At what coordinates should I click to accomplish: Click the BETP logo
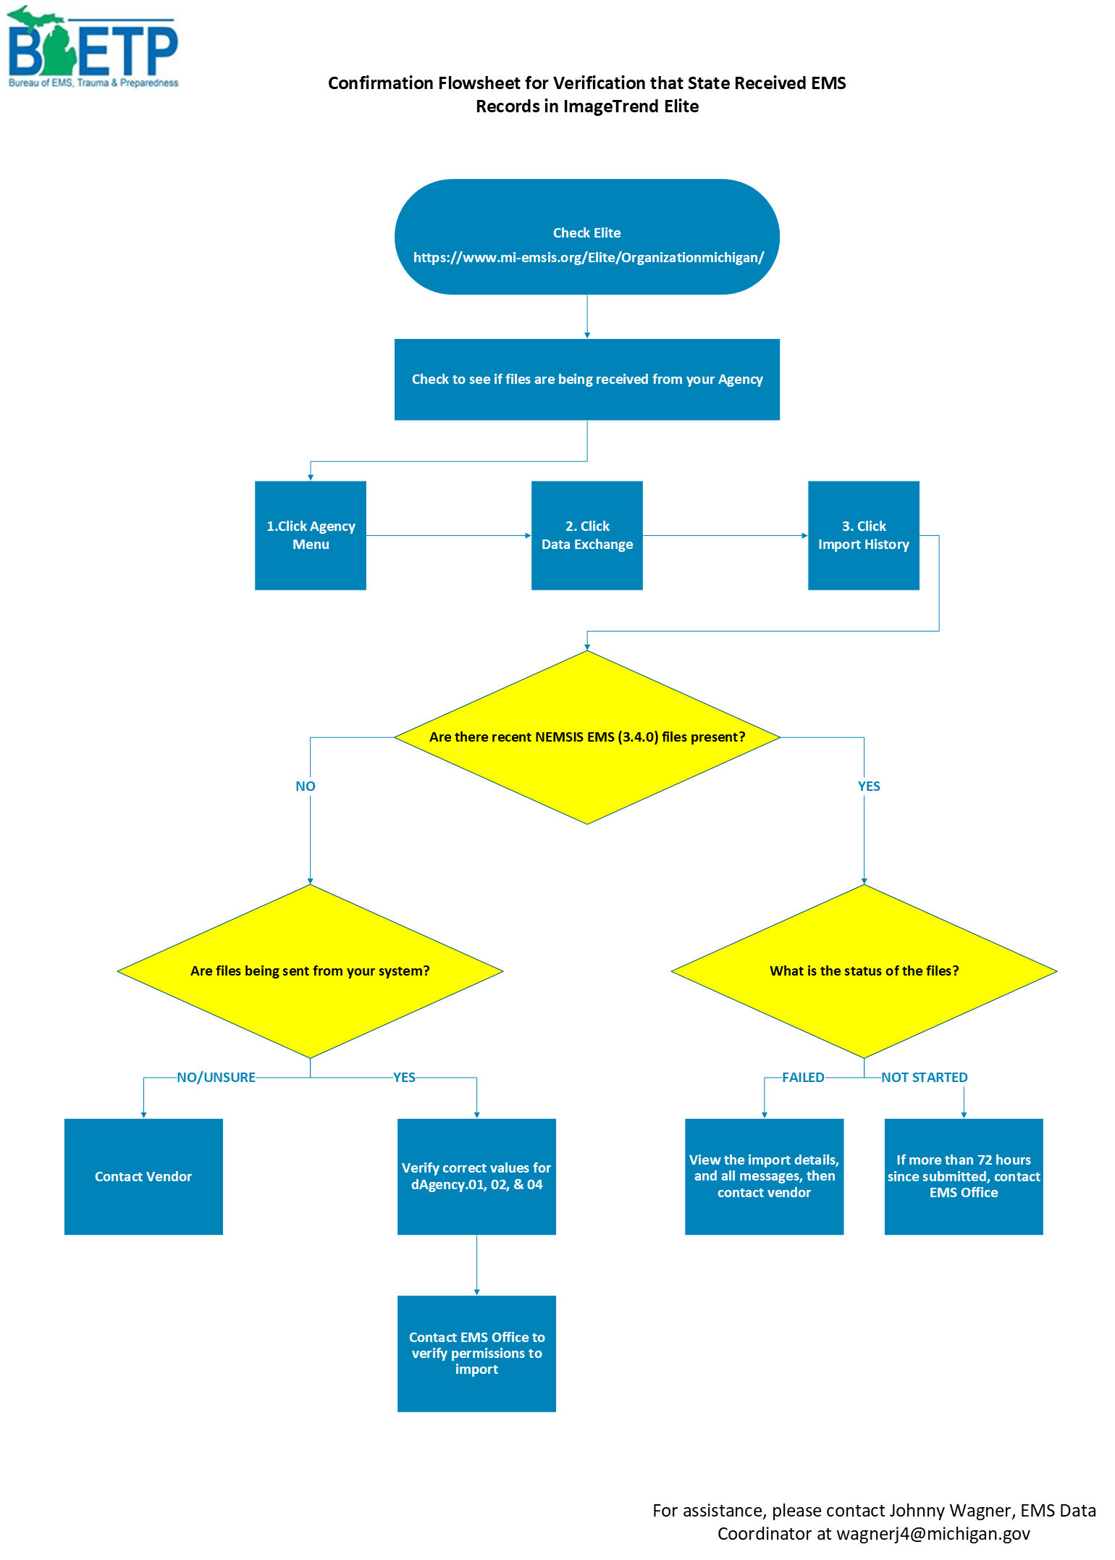(93, 48)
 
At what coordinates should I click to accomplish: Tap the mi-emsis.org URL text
(588, 258)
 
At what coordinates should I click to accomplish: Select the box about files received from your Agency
(586, 379)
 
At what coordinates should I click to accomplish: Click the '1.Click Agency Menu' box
(311, 535)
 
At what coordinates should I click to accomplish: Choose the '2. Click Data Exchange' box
(586, 535)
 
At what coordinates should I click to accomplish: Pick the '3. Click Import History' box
(863, 535)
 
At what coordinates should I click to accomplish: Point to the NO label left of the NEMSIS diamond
(306, 787)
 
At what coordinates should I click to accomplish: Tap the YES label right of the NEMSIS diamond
(869, 787)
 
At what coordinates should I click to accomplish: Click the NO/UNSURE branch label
(216, 1078)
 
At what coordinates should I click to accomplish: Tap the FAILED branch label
(803, 1078)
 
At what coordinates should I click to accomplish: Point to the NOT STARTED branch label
(924, 1078)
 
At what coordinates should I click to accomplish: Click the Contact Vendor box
(143, 1177)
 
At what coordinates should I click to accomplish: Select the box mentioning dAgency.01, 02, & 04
(476, 1177)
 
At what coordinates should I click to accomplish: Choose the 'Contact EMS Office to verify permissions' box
(476, 1353)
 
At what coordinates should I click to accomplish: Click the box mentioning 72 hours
(964, 1177)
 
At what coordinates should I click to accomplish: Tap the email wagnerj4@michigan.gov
(933, 1534)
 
